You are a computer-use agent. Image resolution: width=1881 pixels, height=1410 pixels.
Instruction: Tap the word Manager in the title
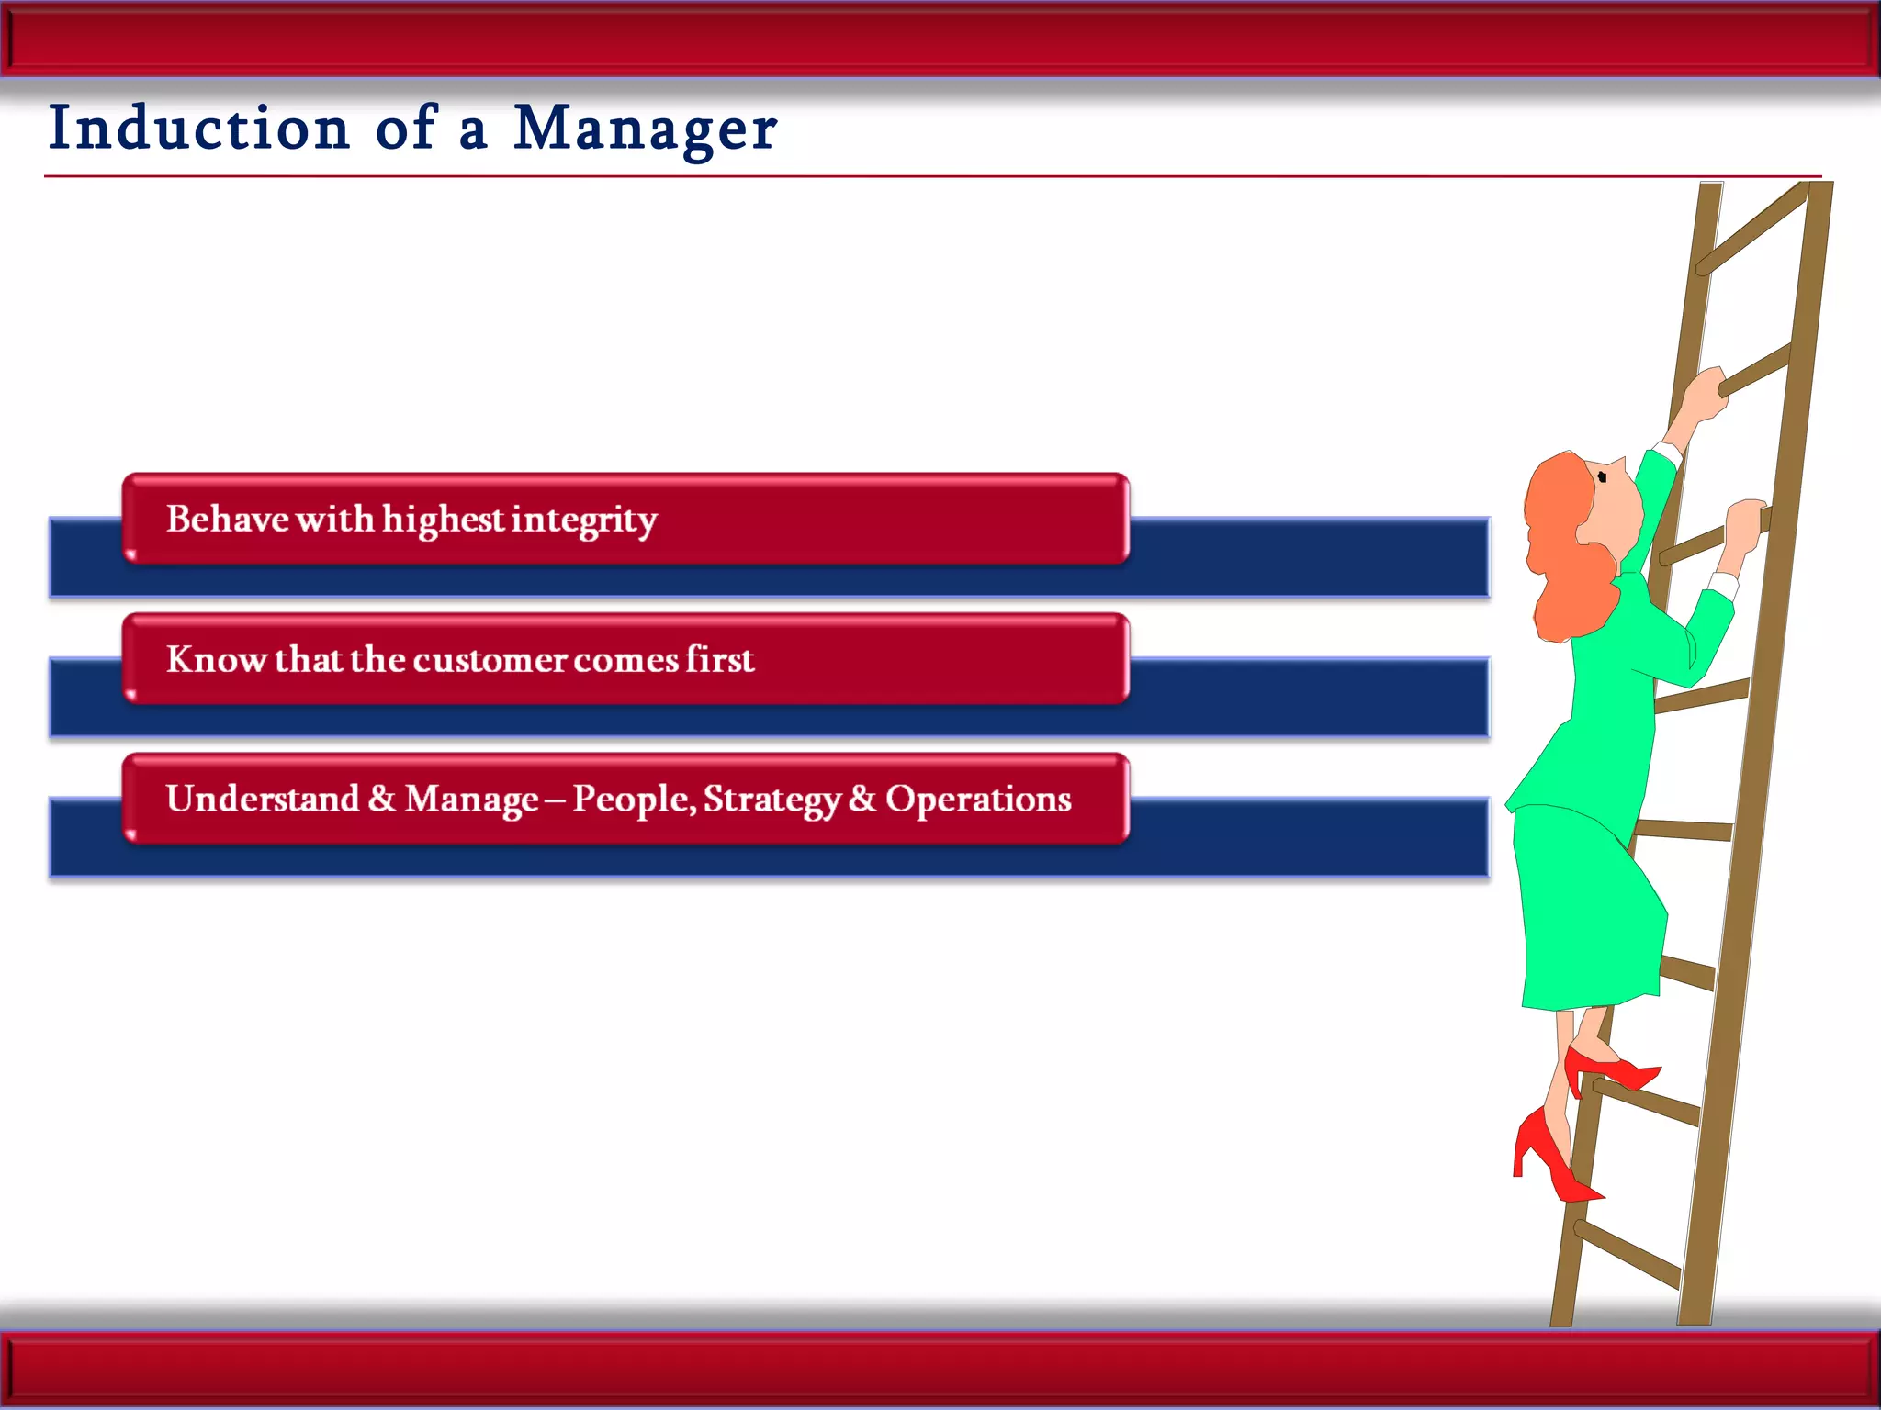pyautogui.click(x=645, y=129)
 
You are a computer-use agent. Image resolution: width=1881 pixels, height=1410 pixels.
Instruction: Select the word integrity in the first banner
pyautogui.click(x=584, y=520)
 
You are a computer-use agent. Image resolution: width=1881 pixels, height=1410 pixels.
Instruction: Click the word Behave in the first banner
pyautogui.click(x=227, y=519)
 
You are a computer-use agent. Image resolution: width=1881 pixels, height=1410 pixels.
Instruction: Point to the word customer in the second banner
pyautogui.click(x=490, y=660)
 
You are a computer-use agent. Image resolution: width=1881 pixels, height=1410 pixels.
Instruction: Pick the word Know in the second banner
pyautogui.click(x=217, y=659)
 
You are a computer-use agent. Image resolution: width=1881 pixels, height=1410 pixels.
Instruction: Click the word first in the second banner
pyautogui.click(x=719, y=659)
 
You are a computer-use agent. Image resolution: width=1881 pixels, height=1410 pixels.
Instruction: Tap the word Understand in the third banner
pyautogui.click(x=262, y=799)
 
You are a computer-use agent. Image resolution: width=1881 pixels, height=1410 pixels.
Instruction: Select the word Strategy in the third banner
pyautogui.click(x=772, y=800)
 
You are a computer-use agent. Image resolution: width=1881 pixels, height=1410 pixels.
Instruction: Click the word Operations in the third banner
pyautogui.click(x=978, y=800)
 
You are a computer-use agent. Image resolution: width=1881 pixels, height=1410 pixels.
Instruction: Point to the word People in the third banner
pyautogui.click(x=634, y=800)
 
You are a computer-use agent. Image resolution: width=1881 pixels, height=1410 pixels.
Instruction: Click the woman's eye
pyautogui.click(x=1602, y=476)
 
